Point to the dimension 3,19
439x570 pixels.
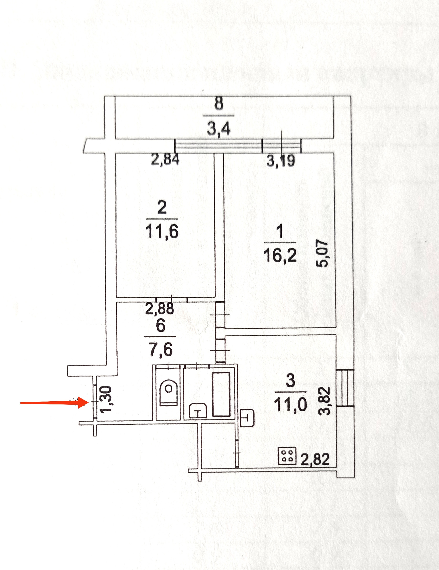pos(281,161)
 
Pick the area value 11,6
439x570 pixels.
pos(162,231)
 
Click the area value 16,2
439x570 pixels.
pos(280,255)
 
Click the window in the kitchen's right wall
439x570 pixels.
pos(345,388)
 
